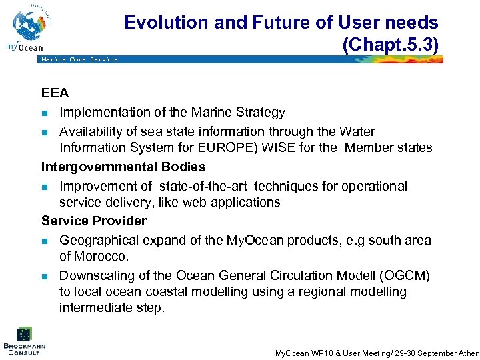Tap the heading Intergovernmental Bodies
(123, 167)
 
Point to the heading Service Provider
(94, 221)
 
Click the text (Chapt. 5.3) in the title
(390, 45)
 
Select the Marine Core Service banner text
(79, 59)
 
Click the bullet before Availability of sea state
(45, 132)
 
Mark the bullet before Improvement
(45, 187)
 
